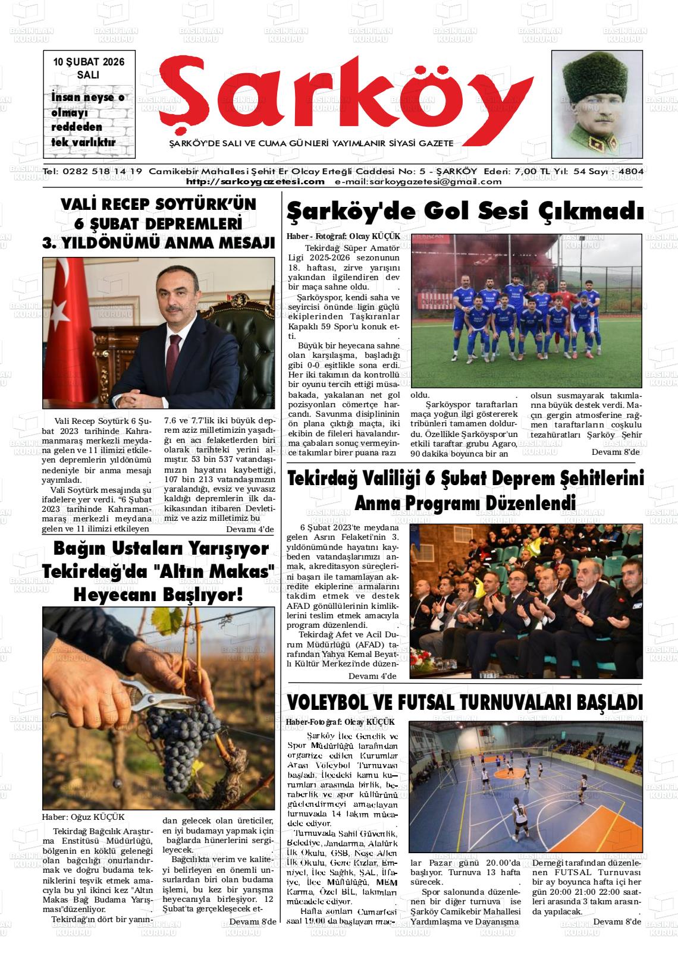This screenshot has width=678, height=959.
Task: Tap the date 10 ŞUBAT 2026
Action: click(x=89, y=62)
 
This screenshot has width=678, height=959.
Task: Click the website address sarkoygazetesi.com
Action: click(x=255, y=182)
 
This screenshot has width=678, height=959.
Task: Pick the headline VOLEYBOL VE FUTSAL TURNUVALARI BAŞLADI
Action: click(x=464, y=702)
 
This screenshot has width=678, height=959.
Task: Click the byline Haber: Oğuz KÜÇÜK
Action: click(x=83, y=817)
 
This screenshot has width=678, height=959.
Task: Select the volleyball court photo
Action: click(x=526, y=786)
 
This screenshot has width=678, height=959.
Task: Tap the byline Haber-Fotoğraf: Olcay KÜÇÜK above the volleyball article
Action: click(x=340, y=722)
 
